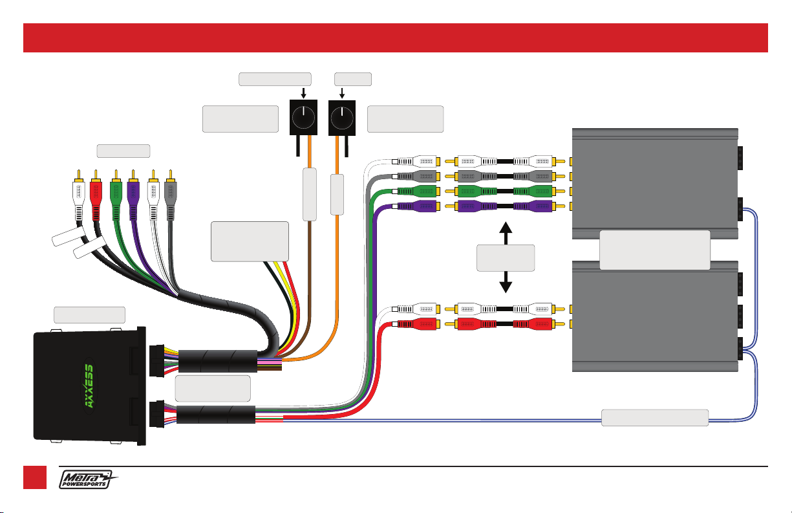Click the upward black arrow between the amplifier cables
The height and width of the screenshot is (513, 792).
506,232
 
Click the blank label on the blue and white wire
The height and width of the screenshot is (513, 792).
654,417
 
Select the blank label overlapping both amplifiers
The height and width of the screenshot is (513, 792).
654,250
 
